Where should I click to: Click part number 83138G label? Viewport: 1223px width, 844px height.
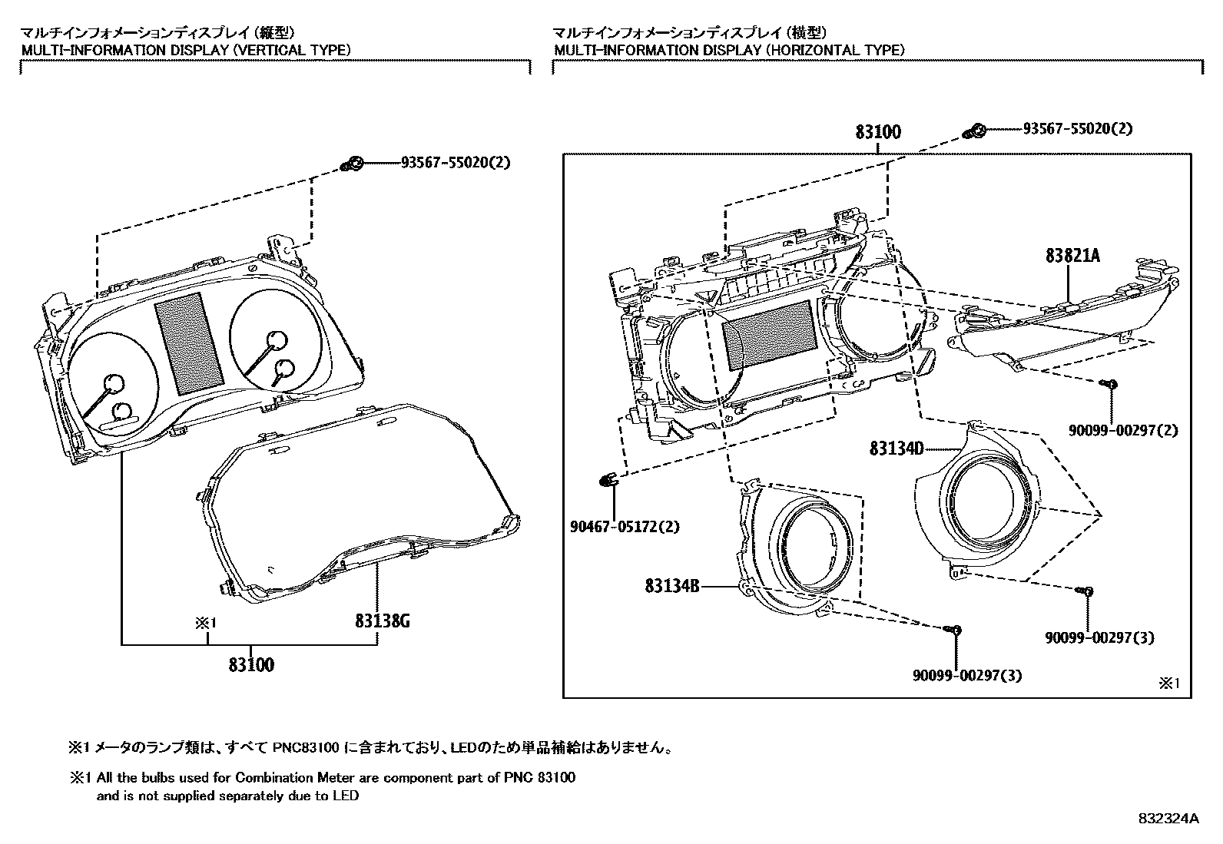382,621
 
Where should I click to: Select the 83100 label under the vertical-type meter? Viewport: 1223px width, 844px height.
250,665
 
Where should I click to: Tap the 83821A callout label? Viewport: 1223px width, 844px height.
1072,256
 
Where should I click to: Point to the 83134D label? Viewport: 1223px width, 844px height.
896,448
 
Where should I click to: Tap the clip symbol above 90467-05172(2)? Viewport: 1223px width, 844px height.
608,481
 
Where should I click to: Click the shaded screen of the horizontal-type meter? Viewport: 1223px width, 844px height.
769,333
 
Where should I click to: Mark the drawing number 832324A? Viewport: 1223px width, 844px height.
1168,819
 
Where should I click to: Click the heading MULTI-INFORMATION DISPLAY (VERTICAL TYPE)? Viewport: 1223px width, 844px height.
185,50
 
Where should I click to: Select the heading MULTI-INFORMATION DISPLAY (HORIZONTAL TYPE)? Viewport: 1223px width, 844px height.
729,50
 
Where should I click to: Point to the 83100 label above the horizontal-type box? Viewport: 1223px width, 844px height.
878,132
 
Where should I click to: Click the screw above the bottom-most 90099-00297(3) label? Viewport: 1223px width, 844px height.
953,630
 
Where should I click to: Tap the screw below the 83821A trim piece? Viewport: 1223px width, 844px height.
1109,384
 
